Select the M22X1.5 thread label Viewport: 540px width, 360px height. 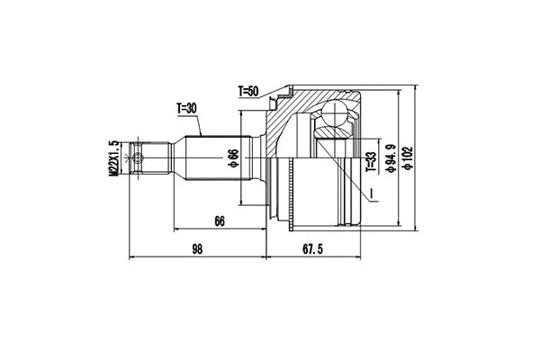pyautogui.click(x=114, y=159)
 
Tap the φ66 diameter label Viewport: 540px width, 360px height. pyautogui.click(x=233, y=158)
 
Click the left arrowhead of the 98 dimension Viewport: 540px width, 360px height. pyautogui.click(x=134, y=257)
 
